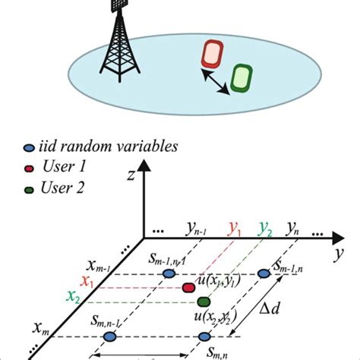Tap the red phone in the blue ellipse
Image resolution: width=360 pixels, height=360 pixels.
pos(211,54)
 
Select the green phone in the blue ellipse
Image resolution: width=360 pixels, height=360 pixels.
pos(242,78)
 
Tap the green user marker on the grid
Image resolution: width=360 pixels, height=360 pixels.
pos(203,302)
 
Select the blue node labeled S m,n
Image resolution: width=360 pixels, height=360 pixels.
pos(204,336)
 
